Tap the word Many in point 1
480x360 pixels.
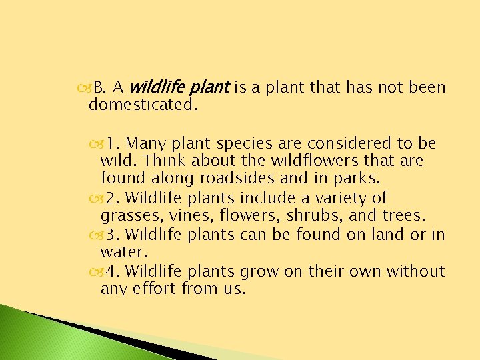(x=143, y=143)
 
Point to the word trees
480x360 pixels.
(x=407, y=216)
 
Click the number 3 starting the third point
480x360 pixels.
(x=111, y=235)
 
